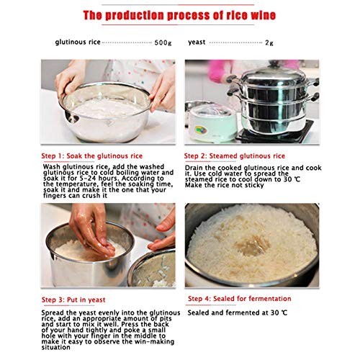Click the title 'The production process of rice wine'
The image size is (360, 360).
pyautogui.click(x=180, y=15)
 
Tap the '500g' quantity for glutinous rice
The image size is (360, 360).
pyautogui.click(x=163, y=42)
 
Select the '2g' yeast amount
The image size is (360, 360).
pyautogui.click(x=269, y=42)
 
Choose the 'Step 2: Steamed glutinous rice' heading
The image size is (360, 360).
pyautogui.click(x=235, y=156)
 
